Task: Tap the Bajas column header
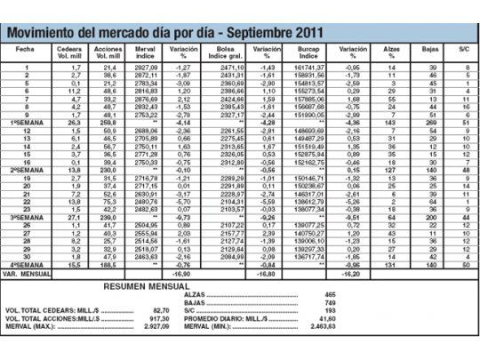(429, 49)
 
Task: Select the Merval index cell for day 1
(144, 68)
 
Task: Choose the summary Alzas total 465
(331, 293)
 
